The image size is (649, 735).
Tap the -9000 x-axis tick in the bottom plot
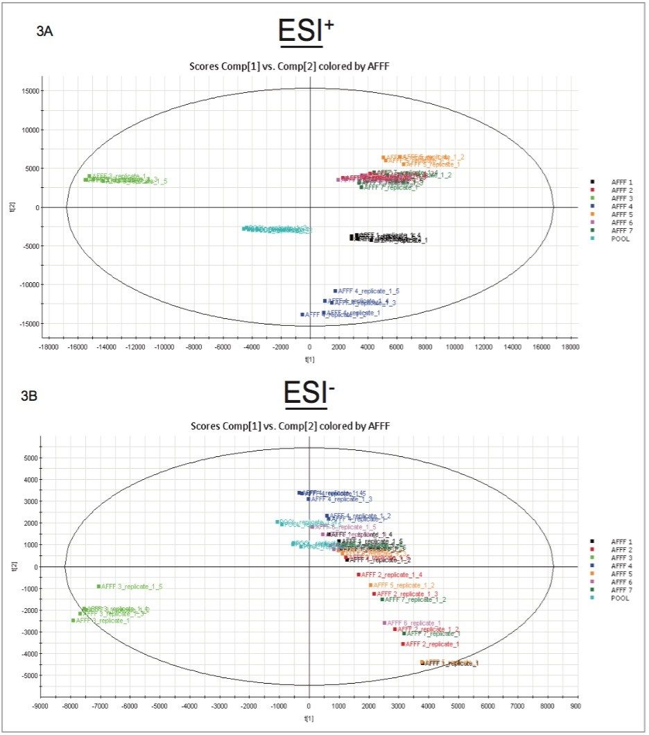(x=41, y=707)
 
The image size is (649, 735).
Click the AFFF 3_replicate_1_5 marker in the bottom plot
(x=98, y=587)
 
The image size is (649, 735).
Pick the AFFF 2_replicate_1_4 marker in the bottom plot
(x=358, y=575)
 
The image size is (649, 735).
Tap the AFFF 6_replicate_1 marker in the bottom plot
(x=384, y=623)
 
